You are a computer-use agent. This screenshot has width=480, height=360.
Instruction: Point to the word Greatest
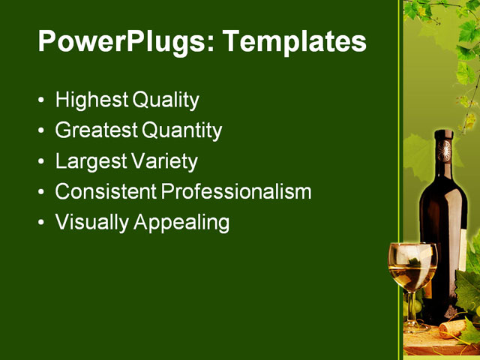click(96, 130)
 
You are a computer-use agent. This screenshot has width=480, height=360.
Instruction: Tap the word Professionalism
click(236, 192)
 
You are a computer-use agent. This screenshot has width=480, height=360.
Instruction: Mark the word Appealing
click(181, 223)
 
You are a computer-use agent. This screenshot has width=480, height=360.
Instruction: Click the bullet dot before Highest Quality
click(40, 100)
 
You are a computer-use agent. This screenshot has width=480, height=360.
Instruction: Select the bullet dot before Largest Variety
click(40, 162)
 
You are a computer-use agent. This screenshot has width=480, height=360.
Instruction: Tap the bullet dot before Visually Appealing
click(40, 223)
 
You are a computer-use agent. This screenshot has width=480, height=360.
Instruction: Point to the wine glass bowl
click(412, 265)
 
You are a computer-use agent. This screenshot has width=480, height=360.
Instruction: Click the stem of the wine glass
click(412, 307)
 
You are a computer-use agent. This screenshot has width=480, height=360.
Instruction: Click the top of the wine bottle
click(444, 134)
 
